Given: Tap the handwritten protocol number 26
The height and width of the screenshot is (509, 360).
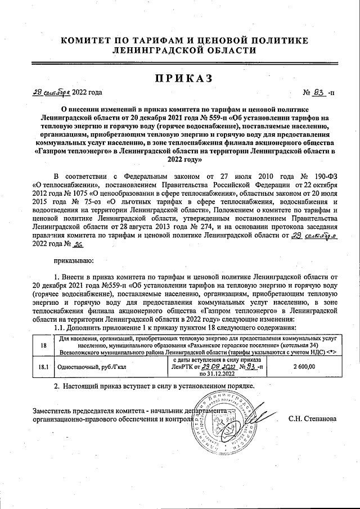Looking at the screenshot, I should [78, 244].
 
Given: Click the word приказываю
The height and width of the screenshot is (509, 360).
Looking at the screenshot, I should [74, 261].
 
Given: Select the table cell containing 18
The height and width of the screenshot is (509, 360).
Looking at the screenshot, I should [43, 345].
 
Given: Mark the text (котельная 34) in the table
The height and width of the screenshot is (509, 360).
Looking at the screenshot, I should [303, 345].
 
